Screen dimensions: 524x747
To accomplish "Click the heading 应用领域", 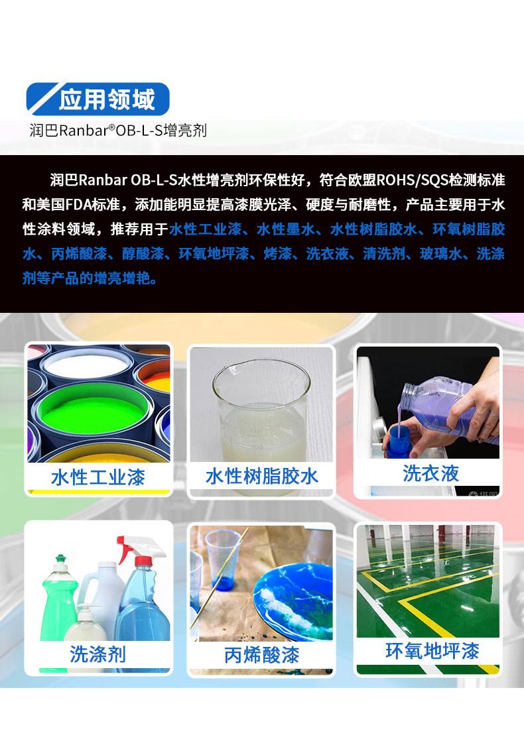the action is tap(107, 99).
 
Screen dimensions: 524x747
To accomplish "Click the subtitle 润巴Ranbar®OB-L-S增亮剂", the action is tap(118, 130).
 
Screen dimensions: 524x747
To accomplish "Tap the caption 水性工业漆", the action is tap(98, 477).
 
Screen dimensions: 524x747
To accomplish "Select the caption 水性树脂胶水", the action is tap(262, 476).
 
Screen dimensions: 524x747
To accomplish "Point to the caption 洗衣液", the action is tap(430, 473).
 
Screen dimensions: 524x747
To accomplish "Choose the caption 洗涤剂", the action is tap(98, 654).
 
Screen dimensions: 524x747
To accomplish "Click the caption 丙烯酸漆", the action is tap(262, 655).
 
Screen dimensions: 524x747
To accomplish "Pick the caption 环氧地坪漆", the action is tap(432, 651).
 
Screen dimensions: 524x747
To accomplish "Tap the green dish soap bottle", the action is tap(58, 601).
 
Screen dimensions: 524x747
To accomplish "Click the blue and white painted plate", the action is tap(293, 601).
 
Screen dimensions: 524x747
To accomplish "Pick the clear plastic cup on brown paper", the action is tap(223, 560).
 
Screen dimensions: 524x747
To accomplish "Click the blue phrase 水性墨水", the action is tap(286, 229).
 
